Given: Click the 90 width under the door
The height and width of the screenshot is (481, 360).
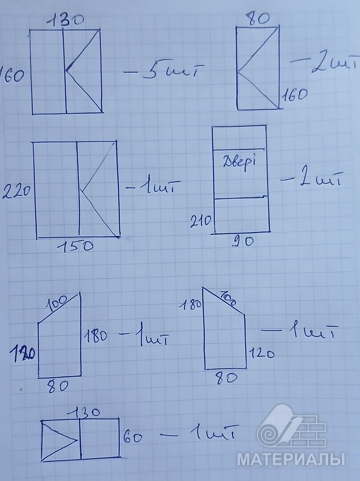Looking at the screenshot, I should (x=243, y=241).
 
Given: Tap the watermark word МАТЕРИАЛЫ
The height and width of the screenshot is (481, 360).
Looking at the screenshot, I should (x=291, y=459).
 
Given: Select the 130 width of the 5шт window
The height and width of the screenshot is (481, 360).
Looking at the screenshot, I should (x=65, y=20).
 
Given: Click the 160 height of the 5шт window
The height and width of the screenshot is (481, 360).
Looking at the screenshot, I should (x=12, y=76).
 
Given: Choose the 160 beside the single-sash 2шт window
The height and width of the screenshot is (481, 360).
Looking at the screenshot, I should (x=294, y=94).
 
